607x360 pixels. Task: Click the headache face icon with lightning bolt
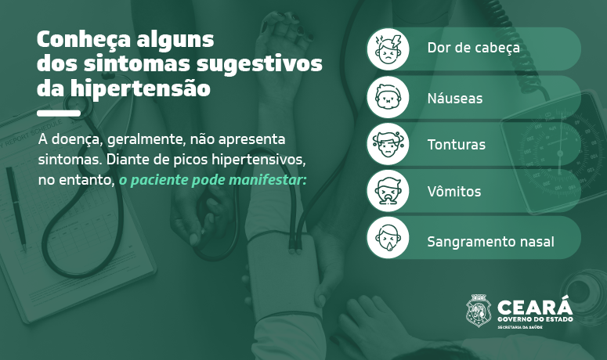(388, 49)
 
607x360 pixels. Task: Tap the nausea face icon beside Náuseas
(388, 97)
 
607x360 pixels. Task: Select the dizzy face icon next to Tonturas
(388, 144)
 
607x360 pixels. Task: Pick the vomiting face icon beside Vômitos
(388, 191)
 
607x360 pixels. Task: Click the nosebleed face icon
(388, 237)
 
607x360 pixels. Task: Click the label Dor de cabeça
(473, 48)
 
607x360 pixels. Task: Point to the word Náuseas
(455, 98)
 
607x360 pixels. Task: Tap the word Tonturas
(456, 145)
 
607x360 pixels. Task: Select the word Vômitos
(454, 192)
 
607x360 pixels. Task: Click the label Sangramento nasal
(490, 242)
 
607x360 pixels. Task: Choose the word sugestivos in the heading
(259, 64)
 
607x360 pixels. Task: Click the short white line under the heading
(59, 113)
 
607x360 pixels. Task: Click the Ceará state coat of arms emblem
(478, 311)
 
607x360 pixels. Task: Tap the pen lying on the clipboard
(16, 209)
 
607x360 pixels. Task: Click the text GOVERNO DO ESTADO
(535, 319)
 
